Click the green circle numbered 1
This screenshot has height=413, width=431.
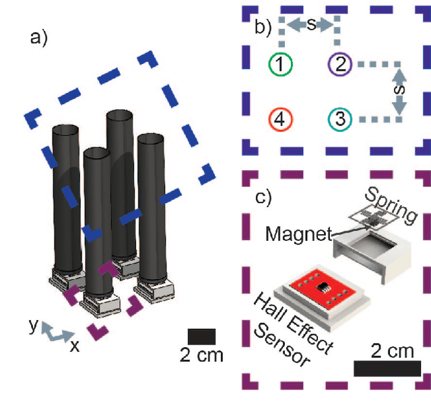[x=281, y=65]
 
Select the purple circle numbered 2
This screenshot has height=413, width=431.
[x=341, y=65]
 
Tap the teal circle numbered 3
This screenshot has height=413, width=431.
[x=341, y=119]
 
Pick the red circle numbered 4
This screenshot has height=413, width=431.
[x=281, y=119]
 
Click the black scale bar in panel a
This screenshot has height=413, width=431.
[x=201, y=336]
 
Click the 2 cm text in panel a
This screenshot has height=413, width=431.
[x=201, y=354]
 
